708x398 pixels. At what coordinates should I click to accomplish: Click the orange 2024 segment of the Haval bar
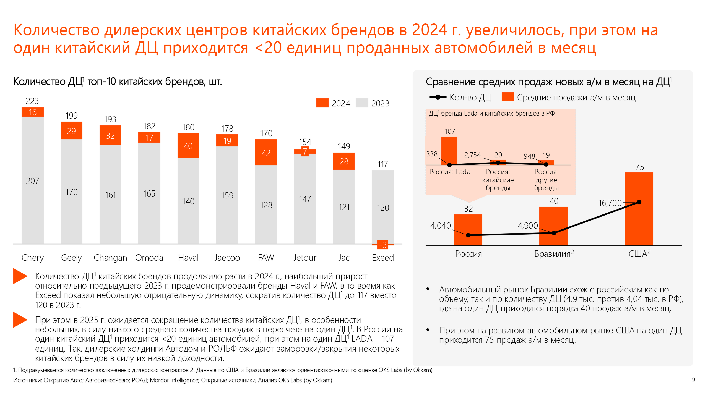click(188, 146)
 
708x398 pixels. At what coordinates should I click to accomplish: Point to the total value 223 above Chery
click(32, 101)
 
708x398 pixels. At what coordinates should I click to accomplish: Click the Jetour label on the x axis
click(305, 258)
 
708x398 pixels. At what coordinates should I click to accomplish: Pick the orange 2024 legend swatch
click(322, 103)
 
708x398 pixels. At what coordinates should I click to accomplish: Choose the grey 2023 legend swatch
click(362, 103)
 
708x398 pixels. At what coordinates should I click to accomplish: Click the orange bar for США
click(639, 221)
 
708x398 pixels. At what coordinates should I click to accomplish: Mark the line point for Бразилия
click(554, 233)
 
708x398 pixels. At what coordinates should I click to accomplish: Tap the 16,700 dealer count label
click(610, 203)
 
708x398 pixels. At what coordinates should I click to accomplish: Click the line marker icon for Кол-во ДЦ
click(438, 97)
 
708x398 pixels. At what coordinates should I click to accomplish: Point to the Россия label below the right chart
click(468, 254)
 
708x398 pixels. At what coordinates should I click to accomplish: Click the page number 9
click(693, 380)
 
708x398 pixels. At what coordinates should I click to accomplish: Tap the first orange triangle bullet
click(20, 276)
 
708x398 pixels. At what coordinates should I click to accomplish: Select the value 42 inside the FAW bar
click(266, 153)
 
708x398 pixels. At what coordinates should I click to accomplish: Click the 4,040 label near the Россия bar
click(440, 226)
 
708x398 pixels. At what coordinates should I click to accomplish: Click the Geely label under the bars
click(71, 258)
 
